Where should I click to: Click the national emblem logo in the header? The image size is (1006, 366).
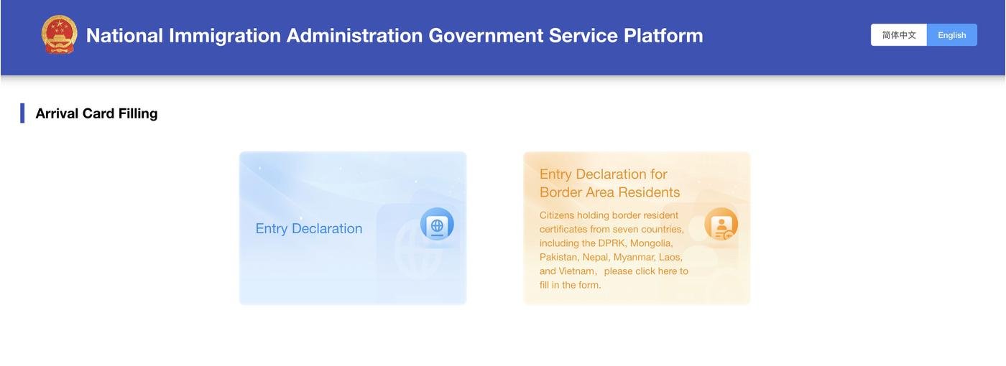point(59,34)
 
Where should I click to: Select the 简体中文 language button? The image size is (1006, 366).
point(899,35)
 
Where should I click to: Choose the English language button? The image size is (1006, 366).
point(951,35)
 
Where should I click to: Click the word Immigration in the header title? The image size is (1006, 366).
point(224,36)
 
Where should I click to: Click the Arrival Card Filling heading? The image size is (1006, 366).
point(96,113)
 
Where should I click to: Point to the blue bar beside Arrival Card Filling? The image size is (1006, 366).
point(22,113)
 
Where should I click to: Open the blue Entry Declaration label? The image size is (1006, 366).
point(308,229)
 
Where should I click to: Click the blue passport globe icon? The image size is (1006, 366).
point(437,224)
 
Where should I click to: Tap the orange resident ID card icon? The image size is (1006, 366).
point(721,224)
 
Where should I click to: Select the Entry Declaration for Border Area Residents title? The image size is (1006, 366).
point(609,183)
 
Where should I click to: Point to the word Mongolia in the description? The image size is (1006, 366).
point(651,243)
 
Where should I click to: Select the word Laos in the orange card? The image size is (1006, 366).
point(670,257)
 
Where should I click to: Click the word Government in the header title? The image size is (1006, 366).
point(486,36)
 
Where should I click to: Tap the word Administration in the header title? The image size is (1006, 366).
point(354,36)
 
